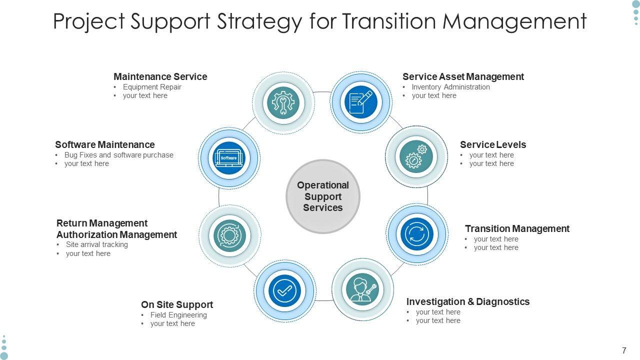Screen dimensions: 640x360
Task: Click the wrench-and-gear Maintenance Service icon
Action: tap(283, 102)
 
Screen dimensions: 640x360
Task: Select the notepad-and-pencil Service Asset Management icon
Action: tap(361, 102)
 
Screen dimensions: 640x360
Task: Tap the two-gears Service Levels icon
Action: tap(416, 157)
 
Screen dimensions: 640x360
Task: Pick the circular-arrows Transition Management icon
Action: tap(417, 234)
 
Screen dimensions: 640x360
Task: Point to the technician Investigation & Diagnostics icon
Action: tap(363, 289)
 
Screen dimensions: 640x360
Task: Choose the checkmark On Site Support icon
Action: tap(284, 290)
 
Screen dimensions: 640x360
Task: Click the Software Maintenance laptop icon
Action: tap(229, 158)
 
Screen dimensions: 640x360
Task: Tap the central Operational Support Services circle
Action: tap(323, 196)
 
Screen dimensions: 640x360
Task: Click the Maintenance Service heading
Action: tap(160, 76)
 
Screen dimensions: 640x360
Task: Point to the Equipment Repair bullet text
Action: tap(152, 87)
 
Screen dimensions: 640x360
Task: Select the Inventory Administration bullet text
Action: tap(450, 87)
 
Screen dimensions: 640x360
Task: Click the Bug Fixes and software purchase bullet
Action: tap(118, 155)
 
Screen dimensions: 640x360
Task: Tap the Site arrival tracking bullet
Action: tap(96, 244)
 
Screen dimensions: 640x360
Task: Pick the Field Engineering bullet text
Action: tap(178, 315)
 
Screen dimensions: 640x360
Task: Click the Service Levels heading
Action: tap(493, 144)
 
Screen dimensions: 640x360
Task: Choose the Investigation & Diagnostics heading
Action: tap(467, 301)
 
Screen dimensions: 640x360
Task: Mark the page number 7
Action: tap(624, 350)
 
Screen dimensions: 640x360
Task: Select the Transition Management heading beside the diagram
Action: tap(517, 228)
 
